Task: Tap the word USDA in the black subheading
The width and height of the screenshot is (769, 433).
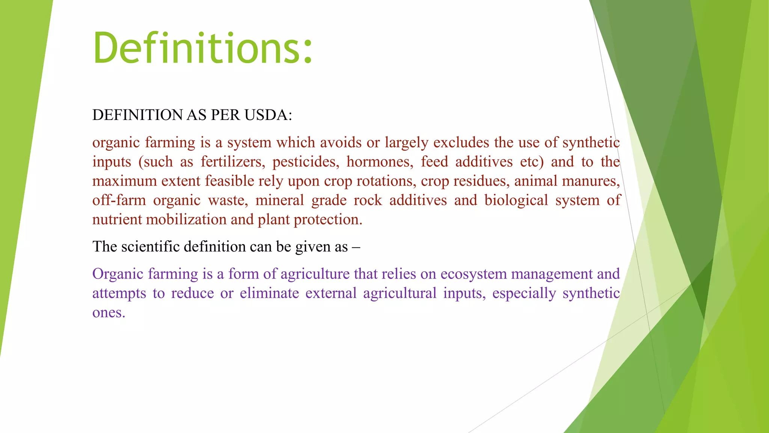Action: [268, 115]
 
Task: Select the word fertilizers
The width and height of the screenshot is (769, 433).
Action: [232, 162]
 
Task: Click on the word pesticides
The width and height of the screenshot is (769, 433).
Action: [305, 162]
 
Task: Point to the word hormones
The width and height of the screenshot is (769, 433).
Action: [380, 162]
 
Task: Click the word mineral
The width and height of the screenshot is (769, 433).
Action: [279, 200]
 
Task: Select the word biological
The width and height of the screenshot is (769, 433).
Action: [516, 200]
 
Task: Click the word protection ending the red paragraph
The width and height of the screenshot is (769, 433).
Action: [328, 220]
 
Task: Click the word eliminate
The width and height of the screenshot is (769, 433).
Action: [269, 293]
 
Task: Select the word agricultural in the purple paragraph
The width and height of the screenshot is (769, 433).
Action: [400, 293]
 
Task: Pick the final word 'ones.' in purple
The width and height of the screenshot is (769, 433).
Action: [109, 313]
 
